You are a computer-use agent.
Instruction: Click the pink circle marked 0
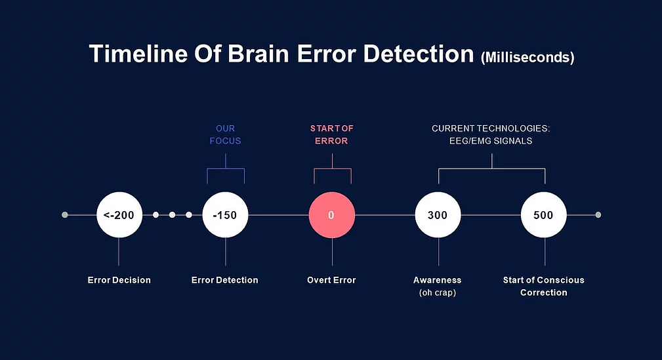(x=332, y=215)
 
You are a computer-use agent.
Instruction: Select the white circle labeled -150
(x=226, y=215)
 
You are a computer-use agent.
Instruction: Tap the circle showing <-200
(x=119, y=215)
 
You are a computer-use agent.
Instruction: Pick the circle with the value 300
(x=438, y=215)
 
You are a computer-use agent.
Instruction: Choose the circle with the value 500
(x=544, y=215)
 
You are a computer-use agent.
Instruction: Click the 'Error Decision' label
(x=119, y=280)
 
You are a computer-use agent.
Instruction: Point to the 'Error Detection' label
(x=224, y=280)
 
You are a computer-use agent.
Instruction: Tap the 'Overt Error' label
(x=331, y=280)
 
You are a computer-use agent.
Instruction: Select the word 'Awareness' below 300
(x=438, y=280)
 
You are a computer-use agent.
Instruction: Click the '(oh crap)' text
(x=438, y=292)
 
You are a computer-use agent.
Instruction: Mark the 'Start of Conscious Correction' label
(x=544, y=286)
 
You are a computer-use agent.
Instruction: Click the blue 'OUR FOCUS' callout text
(x=226, y=134)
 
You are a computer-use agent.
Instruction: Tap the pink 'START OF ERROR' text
(x=332, y=134)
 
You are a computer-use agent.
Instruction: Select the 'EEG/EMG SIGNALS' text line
(x=491, y=141)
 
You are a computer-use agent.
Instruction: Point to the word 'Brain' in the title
(x=259, y=54)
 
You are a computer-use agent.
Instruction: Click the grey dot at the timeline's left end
(x=64, y=215)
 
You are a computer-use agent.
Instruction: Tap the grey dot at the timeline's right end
(x=598, y=215)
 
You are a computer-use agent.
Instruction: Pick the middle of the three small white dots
(x=173, y=215)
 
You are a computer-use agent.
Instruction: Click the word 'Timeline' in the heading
(x=138, y=54)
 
